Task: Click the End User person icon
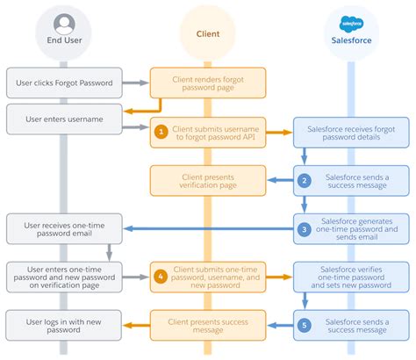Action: (x=64, y=24)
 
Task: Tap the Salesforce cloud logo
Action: (x=351, y=24)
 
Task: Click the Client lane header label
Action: (x=208, y=34)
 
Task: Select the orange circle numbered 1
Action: (x=161, y=132)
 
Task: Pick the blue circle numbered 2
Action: (x=305, y=180)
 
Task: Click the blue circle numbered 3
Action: (x=305, y=229)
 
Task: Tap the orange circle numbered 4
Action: (x=161, y=277)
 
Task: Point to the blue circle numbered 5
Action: (x=305, y=325)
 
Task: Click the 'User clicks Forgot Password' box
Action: (x=64, y=83)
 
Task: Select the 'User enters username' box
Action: (x=64, y=119)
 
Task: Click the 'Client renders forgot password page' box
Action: (x=208, y=83)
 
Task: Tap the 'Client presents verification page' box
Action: (x=208, y=181)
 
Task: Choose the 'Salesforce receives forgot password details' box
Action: (x=351, y=133)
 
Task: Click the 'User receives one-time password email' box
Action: (x=64, y=229)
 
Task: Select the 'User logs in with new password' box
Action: (x=63, y=325)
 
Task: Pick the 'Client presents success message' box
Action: (x=208, y=325)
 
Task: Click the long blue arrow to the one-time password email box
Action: (x=208, y=228)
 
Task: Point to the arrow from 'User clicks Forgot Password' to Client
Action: (x=136, y=83)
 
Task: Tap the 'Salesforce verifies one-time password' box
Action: (x=351, y=277)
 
